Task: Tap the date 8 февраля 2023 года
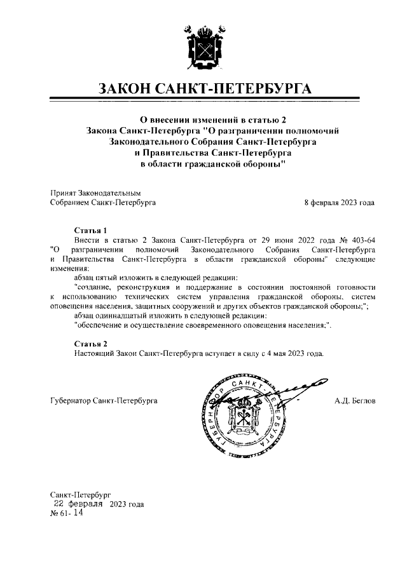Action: [x=339, y=203]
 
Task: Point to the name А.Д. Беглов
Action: [x=355, y=401]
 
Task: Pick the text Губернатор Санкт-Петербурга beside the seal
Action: [x=104, y=401]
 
